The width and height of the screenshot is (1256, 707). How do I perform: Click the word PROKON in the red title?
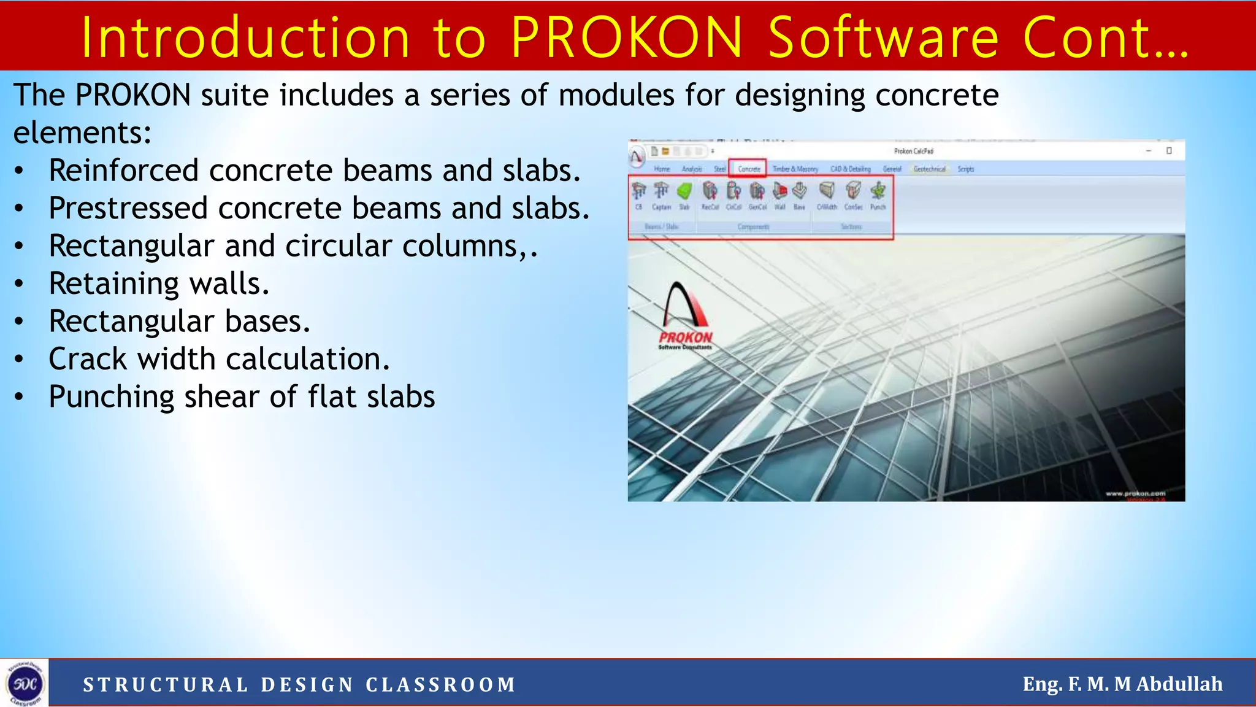coord(627,38)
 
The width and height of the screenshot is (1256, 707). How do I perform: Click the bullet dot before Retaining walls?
coord(20,284)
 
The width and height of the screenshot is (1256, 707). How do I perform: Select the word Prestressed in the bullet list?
coord(129,209)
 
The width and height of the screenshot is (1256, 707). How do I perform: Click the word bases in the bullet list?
coord(267,322)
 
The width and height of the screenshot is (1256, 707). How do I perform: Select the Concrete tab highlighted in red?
coord(748,169)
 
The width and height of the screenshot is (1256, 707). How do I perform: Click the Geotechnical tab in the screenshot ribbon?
coord(929,169)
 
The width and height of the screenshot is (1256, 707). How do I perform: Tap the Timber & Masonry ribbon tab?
coord(795,169)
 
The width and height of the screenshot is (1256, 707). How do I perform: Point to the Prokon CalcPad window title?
coord(913,151)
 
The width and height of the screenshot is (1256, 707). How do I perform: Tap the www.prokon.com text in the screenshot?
coord(1135,493)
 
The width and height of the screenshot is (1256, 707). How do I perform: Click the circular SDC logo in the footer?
coord(25,683)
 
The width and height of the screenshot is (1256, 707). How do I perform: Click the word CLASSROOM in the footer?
coord(441,685)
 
